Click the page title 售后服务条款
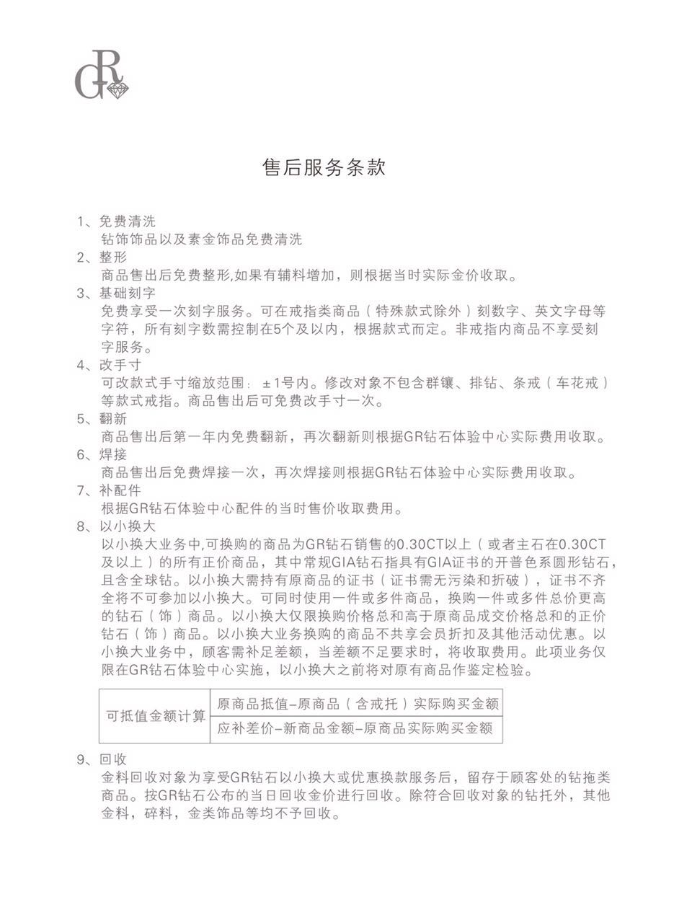pos(324,167)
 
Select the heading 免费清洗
pos(127,221)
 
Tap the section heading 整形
pos(113,257)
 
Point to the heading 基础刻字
pos(127,293)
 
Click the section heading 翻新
pos(113,419)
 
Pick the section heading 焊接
pos(113,454)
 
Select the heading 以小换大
pos(127,526)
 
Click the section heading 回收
pos(113,759)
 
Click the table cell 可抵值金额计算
pos(156,716)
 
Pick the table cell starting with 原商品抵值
pos(358,704)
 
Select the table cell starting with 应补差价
pos(355,729)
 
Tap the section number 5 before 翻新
pos(81,419)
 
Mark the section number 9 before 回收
pos(81,759)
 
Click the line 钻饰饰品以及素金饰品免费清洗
pos(201,239)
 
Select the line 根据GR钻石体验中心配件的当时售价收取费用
pos(252,508)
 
